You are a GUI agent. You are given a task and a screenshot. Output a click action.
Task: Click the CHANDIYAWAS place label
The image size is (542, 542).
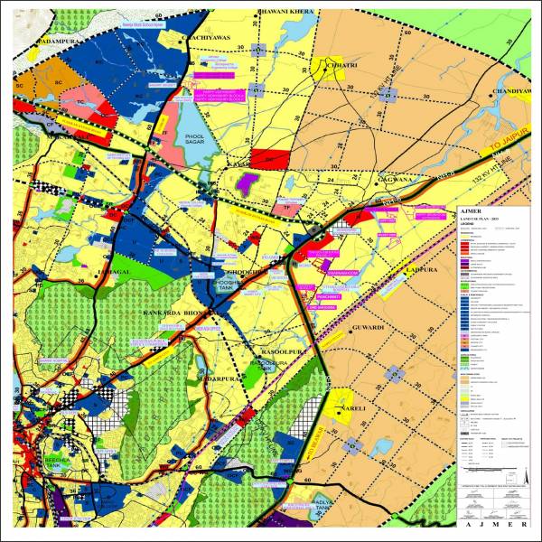coord(514,90)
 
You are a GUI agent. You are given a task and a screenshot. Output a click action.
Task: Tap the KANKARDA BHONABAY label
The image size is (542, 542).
coord(173,313)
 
